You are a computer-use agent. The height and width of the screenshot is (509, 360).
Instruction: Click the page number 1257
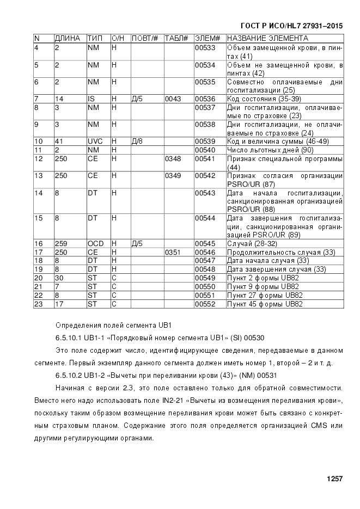point(334,479)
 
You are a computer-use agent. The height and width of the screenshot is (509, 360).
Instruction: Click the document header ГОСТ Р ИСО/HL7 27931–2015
point(291,25)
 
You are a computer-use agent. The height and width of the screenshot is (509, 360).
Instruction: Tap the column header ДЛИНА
point(68,39)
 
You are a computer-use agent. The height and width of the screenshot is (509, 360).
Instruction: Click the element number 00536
point(205,99)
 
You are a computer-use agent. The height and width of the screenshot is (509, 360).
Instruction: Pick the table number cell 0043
point(172,99)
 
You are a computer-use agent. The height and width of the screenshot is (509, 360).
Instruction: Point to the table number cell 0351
point(172,252)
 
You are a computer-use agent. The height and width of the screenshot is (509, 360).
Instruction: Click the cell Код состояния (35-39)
point(264,99)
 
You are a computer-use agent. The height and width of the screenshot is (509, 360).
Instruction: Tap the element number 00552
point(205,304)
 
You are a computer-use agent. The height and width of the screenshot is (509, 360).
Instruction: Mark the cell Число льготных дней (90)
point(270,150)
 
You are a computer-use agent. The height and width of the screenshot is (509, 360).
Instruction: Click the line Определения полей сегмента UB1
point(113,326)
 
